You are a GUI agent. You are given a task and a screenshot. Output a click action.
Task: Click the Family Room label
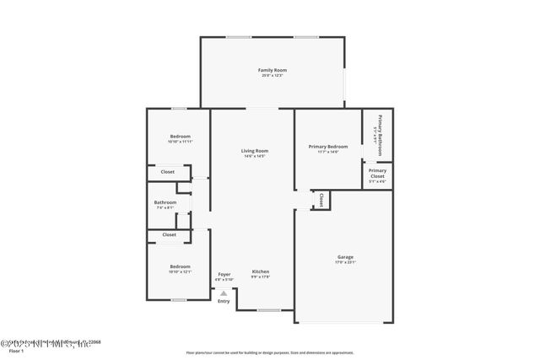point(272,70)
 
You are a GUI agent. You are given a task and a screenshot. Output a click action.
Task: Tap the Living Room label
point(255,151)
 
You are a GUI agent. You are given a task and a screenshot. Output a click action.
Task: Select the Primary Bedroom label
point(327,147)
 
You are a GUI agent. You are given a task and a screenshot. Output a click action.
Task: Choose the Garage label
point(346,256)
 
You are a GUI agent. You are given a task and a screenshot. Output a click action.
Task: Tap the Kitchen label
point(260,271)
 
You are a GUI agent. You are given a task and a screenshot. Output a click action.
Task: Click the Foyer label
point(224,274)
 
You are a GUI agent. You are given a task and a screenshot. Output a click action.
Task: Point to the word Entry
point(224,301)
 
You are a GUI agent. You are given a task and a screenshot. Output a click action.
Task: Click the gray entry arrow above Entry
point(224,293)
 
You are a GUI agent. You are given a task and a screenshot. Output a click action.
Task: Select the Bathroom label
point(165,202)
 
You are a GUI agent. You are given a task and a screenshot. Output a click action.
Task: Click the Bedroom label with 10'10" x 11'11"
point(180,137)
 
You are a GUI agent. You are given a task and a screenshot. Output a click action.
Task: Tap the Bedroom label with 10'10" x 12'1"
point(180,267)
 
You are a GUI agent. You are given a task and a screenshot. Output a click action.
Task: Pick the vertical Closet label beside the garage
point(321,199)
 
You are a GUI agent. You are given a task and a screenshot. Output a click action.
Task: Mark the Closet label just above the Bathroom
point(168,172)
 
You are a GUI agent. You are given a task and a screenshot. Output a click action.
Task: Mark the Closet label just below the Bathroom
point(169,234)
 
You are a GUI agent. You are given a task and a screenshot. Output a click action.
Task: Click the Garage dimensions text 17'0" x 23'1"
point(346,262)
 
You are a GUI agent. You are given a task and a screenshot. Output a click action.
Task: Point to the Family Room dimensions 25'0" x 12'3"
point(272,76)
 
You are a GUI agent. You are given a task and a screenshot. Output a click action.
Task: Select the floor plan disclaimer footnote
point(270,352)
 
